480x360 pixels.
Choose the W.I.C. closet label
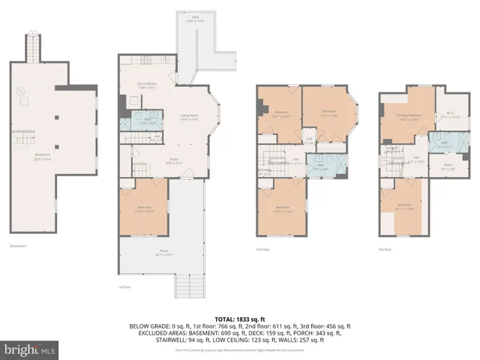[451, 116]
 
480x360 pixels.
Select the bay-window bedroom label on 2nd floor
[328, 113]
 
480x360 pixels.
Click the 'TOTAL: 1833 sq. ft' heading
[240, 319]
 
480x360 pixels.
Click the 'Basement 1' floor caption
[18, 246]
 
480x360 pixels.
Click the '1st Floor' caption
[124, 287]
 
